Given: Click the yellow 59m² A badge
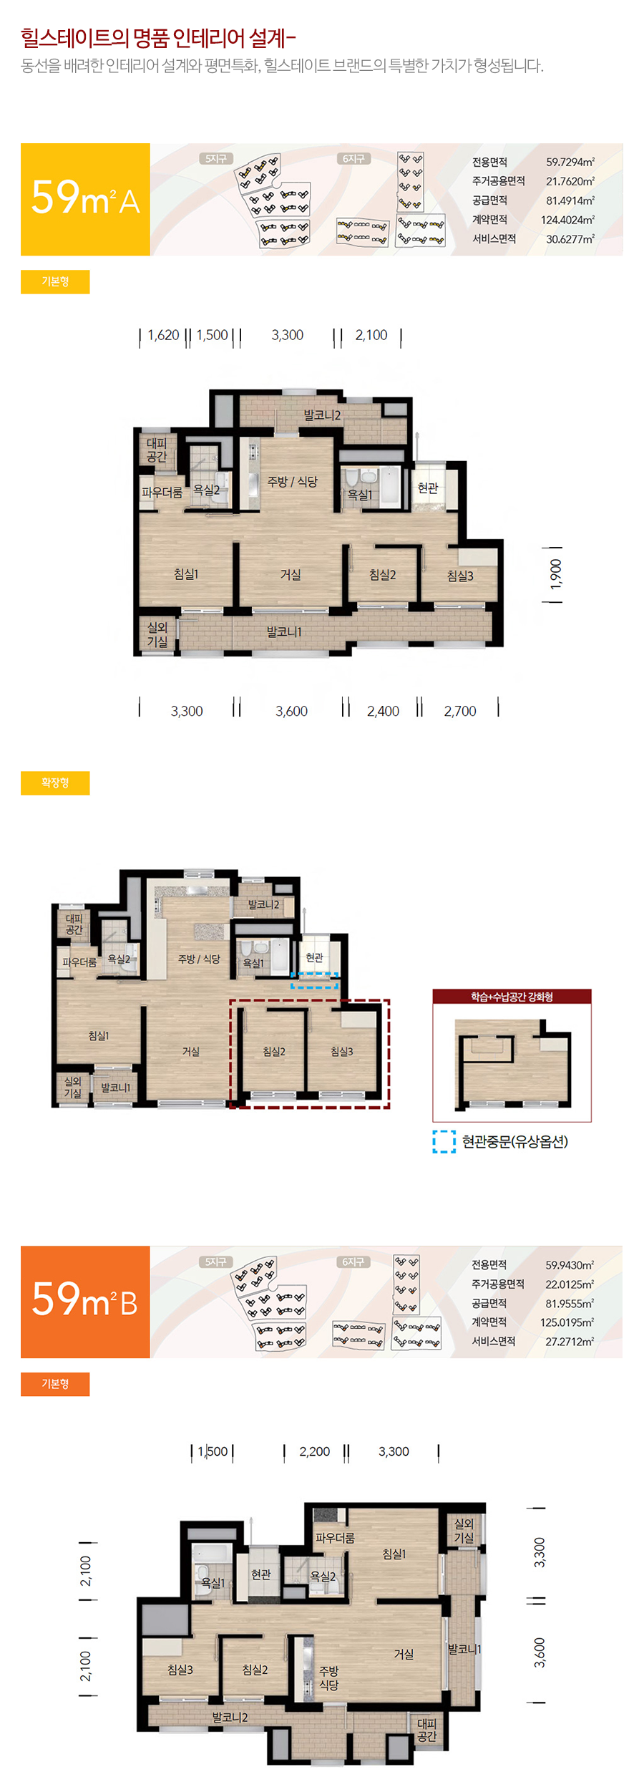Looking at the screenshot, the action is [x=85, y=199].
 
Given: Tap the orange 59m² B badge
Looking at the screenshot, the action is [x=85, y=1302].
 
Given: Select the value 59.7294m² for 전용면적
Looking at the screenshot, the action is [x=570, y=162].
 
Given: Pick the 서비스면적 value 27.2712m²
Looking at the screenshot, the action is [x=570, y=1341].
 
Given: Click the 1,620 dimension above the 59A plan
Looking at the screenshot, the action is [x=163, y=335].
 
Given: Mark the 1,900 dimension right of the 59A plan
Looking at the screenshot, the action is [x=556, y=574].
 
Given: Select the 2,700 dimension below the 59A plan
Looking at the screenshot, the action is [x=460, y=711].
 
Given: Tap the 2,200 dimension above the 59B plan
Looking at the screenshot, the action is [x=315, y=1451].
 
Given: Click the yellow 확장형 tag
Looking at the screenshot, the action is [x=55, y=783].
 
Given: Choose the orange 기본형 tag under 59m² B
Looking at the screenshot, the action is [x=55, y=1384].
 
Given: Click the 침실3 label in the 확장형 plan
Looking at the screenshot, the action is [x=342, y=1051].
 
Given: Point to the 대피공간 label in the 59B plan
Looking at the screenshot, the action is [x=426, y=1730].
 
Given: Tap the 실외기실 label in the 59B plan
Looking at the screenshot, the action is [x=464, y=1531].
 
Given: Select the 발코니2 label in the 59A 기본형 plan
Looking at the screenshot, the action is [x=322, y=415].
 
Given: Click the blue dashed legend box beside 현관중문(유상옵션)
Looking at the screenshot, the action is [x=444, y=1141].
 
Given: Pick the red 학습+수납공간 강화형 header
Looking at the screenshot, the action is [x=512, y=997].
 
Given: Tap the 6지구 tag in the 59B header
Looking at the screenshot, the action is [x=353, y=1262].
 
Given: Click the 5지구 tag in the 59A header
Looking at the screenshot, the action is [x=215, y=159].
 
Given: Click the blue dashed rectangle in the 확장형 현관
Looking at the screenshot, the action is [x=315, y=980].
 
